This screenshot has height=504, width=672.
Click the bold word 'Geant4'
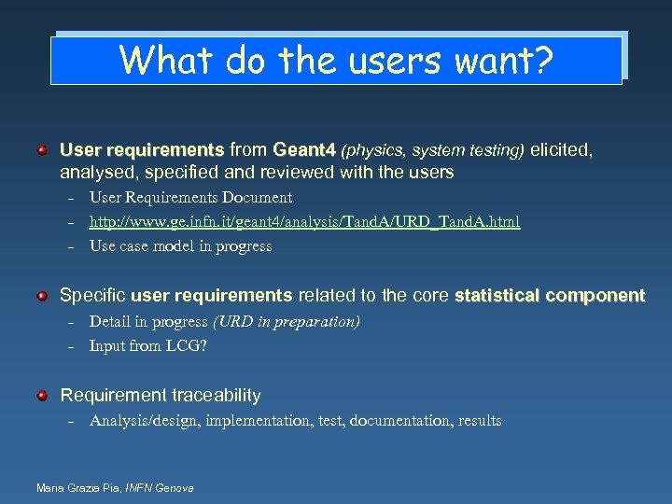tap(303, 149)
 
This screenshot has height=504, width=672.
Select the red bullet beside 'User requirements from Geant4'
tap(42, 149)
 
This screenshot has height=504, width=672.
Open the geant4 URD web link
tap(304, 222)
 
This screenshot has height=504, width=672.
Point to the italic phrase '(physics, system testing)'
tap(433, 149)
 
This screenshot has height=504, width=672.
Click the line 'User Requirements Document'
tap(190, 198)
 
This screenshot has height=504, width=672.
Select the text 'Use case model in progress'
tap(180, 246)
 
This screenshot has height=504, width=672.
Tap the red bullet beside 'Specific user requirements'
tap(42, 296)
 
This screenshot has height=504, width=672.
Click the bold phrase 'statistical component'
tap(549, 296)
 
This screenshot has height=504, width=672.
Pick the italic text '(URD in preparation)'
tap(286, 321)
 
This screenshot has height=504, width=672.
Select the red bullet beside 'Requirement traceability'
tap(42, 396)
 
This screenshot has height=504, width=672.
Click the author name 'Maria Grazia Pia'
tap(73, 488)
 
